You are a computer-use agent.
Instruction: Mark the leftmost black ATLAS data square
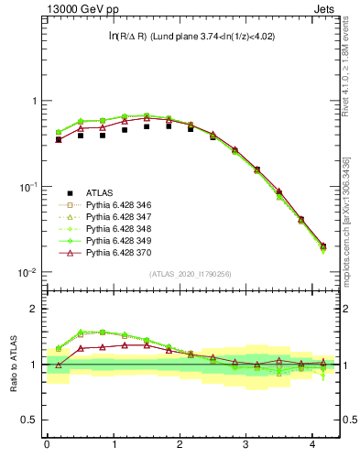pos(59,139)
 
